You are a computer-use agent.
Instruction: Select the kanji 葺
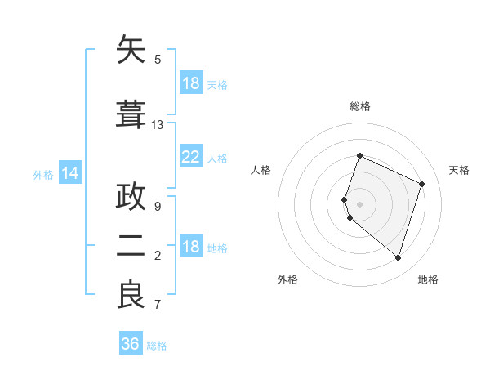pyautogui.click(x=131, y=114)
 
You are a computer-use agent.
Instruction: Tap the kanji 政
pyautogui.click(x=131, y=198)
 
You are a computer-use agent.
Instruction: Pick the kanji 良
pyautogui.click(x=131, y=294)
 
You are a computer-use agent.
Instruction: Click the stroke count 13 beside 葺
pyautogui.click(x=158, y=125)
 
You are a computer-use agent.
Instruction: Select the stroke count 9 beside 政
pyautogui.click(x=158, y=207)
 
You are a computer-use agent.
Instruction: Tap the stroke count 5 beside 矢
pyautogui.click(x=158, y=60)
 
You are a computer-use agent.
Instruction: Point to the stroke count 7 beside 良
pyautogui.click(x=158, y=306)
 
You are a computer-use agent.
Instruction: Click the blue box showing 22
pyautogui.click(x=190, y=157)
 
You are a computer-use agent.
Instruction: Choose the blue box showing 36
pyautogui.click(x=130, y=344)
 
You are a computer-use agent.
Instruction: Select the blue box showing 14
pyautogui.click(x=69, y=173)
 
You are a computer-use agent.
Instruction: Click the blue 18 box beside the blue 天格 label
pyautogui.click(x=190, y=83)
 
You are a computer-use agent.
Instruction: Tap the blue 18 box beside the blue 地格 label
pyautogui.click(x=190, y=248)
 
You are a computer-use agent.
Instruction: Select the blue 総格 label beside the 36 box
pyautogui.click(x=157, y=346)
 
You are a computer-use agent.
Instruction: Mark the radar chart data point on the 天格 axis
pyautogui.click(x=422, y=184)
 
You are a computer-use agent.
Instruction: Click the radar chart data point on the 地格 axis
pyautogui.click(x=398, y=257)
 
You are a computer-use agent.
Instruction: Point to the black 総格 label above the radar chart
pyautogui.click(x=360, y=106)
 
